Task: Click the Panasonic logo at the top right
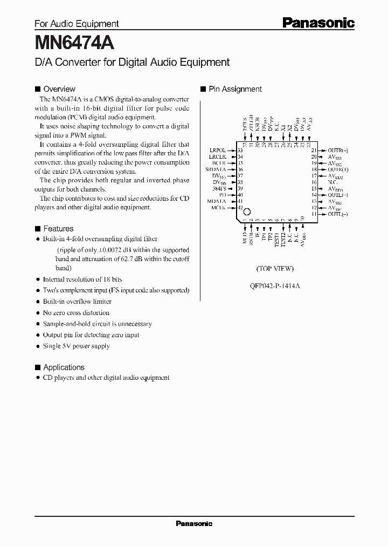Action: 318,23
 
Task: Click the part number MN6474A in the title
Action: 74,42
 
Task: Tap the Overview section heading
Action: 59,89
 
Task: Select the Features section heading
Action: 58,229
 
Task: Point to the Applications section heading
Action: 64,367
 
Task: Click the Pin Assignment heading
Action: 235,89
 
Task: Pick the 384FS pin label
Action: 220,188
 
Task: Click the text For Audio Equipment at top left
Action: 77,24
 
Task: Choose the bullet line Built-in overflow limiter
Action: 77,302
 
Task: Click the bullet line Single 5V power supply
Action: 76,346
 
